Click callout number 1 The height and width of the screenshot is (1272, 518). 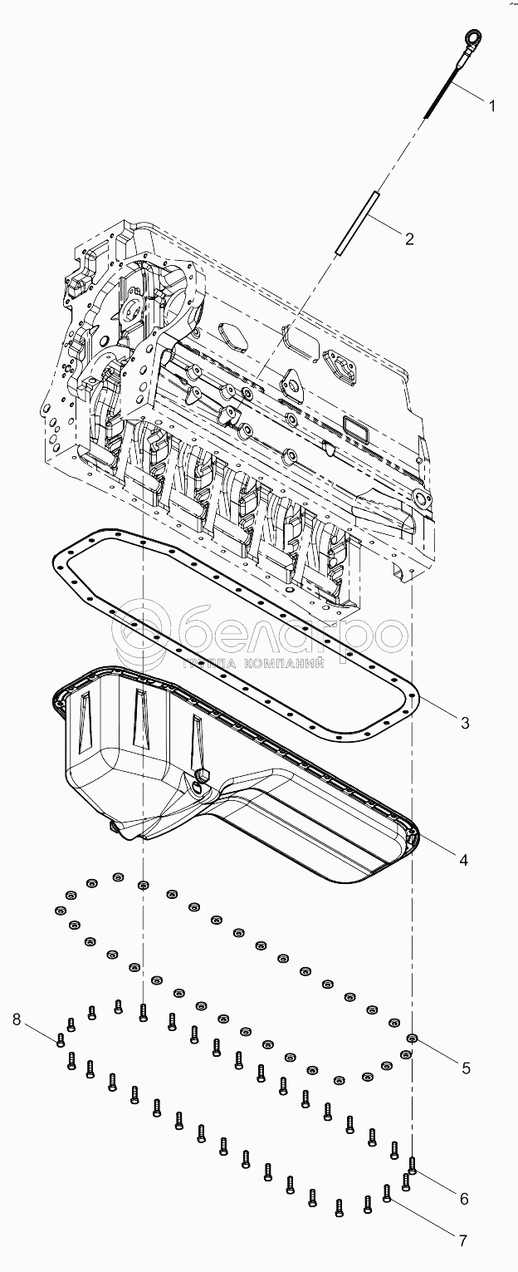(x=491, y=106)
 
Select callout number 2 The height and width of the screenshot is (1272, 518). (x=408, y=239)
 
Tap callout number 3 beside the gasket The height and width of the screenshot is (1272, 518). (x=466, y=723)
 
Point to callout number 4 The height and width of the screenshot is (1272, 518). (x=464, y=860)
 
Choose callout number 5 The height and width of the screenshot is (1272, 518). (x=466, y=1068)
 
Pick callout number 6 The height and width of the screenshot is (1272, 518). (x=464, y=1198)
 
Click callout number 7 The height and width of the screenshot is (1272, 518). (x=462, y=1240)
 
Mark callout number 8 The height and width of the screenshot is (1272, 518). (x=17, y=1019)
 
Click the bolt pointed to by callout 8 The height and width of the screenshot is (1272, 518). (x=61, y=1039)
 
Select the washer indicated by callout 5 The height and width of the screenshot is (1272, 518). (x=411, y=1039)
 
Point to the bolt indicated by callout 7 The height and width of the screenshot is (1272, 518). (x=387, y=1193)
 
